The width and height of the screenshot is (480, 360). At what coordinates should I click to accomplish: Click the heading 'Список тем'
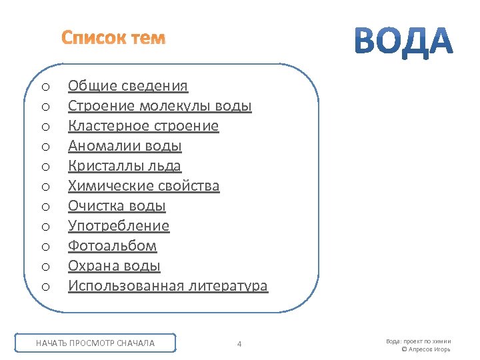(113, 38)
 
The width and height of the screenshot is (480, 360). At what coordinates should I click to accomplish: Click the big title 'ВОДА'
(402, 41)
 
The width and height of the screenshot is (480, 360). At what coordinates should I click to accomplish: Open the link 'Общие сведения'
(128, 86)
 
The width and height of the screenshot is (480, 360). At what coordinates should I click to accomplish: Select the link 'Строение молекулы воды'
(160, 106)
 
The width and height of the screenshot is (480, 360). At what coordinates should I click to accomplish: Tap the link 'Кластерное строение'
(143, 126)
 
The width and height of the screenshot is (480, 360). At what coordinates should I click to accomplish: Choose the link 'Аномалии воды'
(125, 146)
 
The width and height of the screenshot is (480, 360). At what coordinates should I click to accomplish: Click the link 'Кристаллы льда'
(125, 166)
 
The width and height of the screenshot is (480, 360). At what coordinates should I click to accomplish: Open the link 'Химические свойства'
(143, 186)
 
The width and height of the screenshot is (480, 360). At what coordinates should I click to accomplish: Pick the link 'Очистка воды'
(117, 206)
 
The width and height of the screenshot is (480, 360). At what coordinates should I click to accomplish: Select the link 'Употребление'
(119, 226)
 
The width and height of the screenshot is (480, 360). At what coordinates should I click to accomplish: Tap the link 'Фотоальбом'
(113, 246)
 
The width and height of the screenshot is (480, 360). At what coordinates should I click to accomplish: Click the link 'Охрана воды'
(114, 266)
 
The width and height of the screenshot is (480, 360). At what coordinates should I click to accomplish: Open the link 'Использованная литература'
(168, 286)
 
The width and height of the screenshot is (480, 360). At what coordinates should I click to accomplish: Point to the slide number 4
(239, 344)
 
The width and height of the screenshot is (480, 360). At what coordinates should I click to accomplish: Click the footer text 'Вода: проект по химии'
(418, 341)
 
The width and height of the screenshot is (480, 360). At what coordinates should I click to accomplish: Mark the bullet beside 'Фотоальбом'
(45, 247)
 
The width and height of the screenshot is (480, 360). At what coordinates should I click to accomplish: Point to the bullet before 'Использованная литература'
(45, 287)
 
